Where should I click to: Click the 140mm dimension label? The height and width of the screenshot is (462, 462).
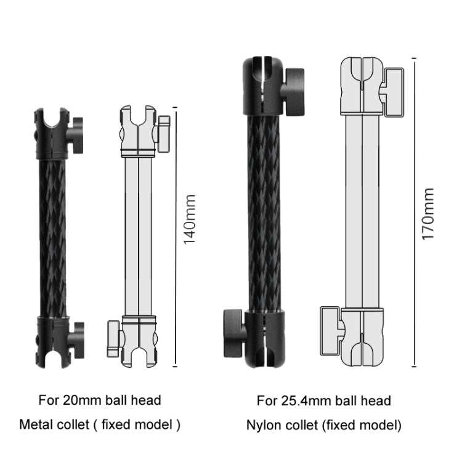point(190,219)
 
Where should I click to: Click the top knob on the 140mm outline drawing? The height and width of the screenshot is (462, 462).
point(163,133)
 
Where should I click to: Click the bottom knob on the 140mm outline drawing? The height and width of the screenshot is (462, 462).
point(113,338)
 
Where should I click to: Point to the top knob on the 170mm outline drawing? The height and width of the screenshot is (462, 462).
point(390,92)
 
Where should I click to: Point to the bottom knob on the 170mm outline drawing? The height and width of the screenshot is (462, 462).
point(330,327)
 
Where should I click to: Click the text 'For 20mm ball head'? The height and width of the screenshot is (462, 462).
point(100,400)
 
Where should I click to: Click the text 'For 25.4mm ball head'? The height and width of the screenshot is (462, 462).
point(323,401)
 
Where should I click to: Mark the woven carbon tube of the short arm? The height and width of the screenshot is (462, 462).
point(52,237)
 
